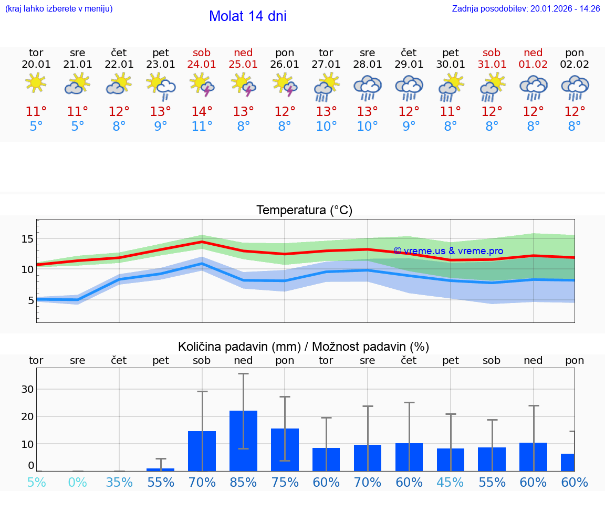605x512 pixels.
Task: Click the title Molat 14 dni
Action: coord(247,16)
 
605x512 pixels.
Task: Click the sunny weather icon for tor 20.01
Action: coord(36,83)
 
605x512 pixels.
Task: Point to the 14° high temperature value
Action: coord(202,111)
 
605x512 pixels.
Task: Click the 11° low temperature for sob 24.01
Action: coord(202,126)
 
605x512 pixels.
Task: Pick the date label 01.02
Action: coord(533,65)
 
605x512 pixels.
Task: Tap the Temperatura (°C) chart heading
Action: coord(304,211)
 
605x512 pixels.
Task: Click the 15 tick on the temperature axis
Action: coord(27,239)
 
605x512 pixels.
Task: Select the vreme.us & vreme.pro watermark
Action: coord(448,251)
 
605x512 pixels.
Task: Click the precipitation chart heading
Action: coord(304,347)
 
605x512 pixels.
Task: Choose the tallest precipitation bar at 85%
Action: coord(243,441)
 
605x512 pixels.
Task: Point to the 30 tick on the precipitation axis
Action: coord(27,389)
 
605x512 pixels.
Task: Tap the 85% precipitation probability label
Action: coord(243,483)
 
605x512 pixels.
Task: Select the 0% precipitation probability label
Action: coord(78,483)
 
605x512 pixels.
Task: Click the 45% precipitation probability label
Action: coord(450,483)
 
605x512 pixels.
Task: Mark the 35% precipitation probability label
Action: coord(119,483)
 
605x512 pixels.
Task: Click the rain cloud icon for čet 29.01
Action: coord(409,87)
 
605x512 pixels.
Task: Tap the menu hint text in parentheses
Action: coord(59,9)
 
